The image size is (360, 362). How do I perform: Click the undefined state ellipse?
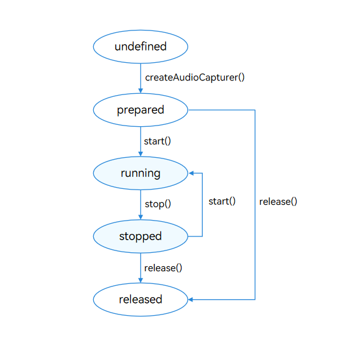[x=140, y=46]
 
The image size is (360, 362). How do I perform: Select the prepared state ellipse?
[x=140, y=110]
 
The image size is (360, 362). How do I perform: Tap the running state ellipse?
[x=140, y=173]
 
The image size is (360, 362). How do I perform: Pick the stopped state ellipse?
[x=140, y=236]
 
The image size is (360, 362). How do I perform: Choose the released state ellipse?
[x=140, y=299]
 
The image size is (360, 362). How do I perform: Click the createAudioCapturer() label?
[x=194, y=78]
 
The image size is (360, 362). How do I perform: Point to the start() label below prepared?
[x=157, y=141]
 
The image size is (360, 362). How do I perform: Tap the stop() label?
[x=157, y=204]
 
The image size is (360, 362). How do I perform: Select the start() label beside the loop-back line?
[x=222, y=201]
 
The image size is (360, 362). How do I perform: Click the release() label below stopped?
[x=163, y=268]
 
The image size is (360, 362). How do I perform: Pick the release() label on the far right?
[x=278, y=201]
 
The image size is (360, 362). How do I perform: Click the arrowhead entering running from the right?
[x=191, y=173]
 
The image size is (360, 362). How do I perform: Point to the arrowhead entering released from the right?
[x=191, y=299]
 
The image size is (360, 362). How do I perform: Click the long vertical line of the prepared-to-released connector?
[x=255, y=244]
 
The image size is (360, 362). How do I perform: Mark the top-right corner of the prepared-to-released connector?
[x=255, y=110]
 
